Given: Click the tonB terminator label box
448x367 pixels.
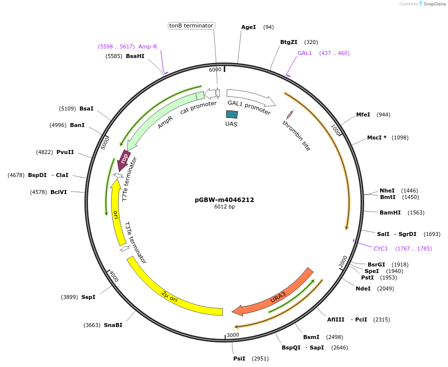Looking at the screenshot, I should click(x=191, y=25).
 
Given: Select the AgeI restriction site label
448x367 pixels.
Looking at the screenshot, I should click(x=248, y=27).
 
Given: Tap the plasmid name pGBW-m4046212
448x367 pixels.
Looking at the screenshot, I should click(x=224, y=199).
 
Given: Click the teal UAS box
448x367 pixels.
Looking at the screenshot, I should click(x=232, y=114).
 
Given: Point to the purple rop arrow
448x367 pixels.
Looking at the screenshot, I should click(x=123, y=158).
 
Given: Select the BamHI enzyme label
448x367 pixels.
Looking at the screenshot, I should click(x=390, y=212).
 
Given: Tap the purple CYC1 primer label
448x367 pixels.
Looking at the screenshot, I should click(x=381, y=248).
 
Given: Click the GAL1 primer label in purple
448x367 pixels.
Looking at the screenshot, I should click(x=305, y=53).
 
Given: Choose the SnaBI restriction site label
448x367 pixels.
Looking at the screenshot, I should click(x=113, y=325).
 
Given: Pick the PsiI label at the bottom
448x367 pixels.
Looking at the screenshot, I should click(x=239, y=358).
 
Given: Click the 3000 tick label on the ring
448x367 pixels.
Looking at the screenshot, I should click(x=233, y=335).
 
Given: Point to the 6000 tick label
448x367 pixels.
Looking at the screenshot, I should click(x=215, y=69).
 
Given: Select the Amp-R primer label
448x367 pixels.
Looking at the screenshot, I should click(x=147, y=46).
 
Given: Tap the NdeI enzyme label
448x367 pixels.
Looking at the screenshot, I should click(x=363, y=288).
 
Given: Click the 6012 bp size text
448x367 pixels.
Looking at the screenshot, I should click(x=224, y=206).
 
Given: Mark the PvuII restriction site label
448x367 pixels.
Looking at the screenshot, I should click(x=65, y=152).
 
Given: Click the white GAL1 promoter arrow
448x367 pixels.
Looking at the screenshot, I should click(x=250, y=97).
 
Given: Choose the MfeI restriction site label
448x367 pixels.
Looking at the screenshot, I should click(x=363, y=114).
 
